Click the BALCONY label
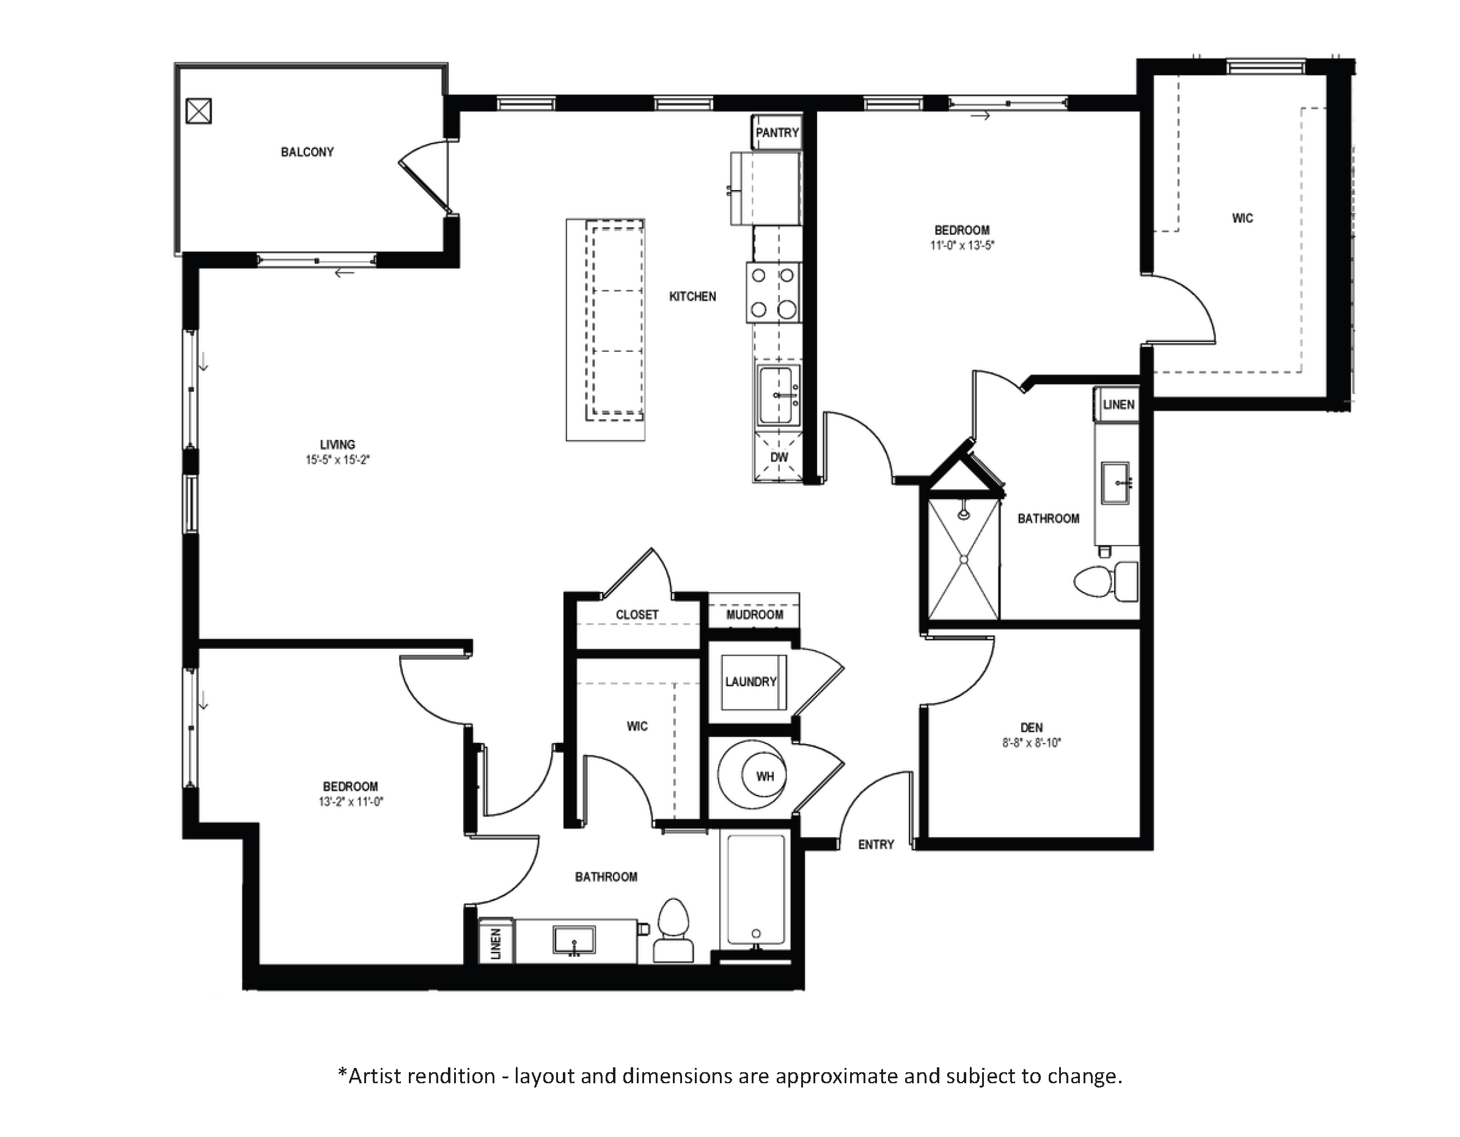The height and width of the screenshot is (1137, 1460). click(307, 152)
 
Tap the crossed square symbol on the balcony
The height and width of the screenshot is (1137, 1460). click(199, 111)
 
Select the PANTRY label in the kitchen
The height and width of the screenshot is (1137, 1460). click(777, 133)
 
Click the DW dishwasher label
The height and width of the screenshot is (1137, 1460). click(779, 457)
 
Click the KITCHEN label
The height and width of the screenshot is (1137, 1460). click(692, 297)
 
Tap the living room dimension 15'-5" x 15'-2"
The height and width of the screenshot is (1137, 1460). click(337, 460)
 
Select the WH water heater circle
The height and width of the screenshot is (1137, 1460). click(764, 775)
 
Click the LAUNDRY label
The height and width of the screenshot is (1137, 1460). click(750, 682)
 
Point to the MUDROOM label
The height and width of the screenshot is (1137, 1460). click(755, 614)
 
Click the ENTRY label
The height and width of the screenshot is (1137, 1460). click(876, 845)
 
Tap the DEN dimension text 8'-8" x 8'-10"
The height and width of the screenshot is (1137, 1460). click(1032, 743)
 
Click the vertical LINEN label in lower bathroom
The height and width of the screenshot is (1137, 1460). click(496, 943)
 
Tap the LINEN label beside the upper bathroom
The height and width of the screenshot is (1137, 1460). click(1118, 404)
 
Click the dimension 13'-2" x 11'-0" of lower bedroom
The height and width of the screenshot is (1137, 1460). click(350, 802)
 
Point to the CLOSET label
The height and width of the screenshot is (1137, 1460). click(636, 614)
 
